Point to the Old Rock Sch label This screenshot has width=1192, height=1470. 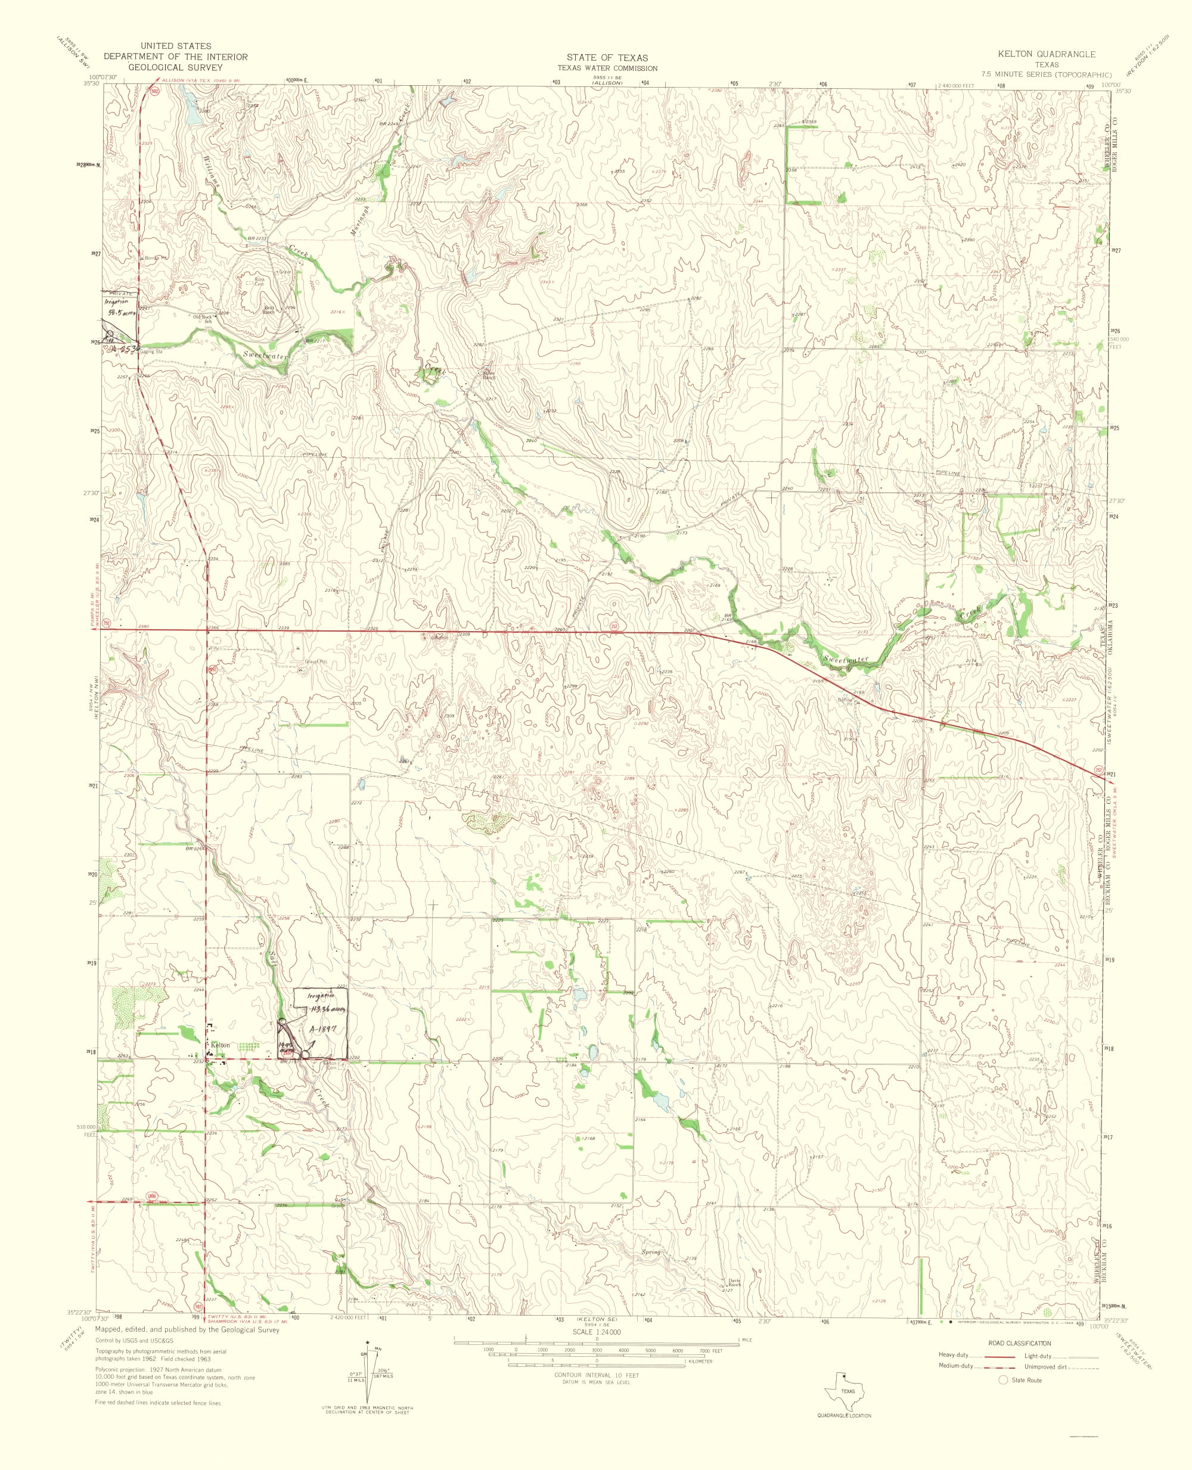click(204, 318)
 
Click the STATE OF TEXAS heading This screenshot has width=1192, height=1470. click(607, 58)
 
